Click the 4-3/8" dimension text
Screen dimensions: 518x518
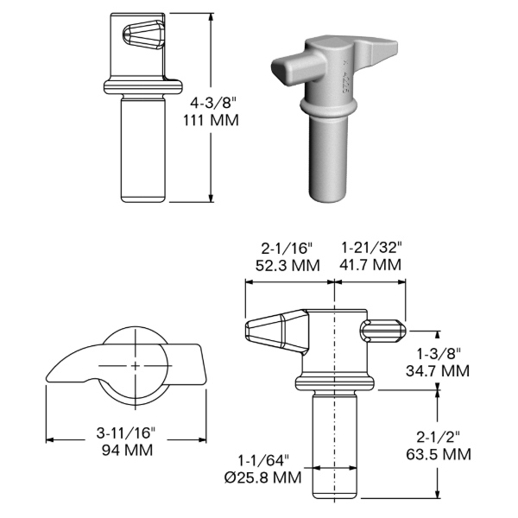coord(212,103)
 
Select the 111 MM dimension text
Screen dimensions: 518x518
coord(212,120)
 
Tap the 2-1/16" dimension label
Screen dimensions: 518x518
coord(287,247)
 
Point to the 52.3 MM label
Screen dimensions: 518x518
coord(287,265)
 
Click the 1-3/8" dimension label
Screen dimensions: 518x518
coord(439,353)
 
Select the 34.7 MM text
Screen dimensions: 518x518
coord(439,371)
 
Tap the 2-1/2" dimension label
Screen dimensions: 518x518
coord(437,435)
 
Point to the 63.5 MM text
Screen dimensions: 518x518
coord(437,453)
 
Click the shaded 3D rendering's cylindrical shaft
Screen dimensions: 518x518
coord(328,155)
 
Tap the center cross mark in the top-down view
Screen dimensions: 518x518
coord(136,366)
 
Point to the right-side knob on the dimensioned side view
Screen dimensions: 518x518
coord(383,332)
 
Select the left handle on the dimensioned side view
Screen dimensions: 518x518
coord(275,332)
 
